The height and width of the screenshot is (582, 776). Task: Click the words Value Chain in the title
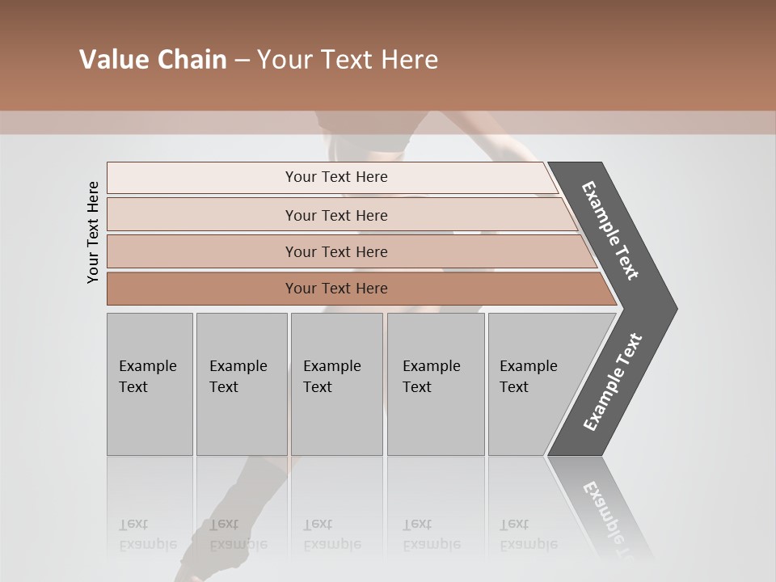pos(153,60)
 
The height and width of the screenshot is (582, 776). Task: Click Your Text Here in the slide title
pos(348,60)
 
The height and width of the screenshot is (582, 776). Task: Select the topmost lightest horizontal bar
pos(336,177)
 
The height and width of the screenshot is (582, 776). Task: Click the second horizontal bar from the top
pos(336,215)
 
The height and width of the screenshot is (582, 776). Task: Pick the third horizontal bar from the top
pos(336,251)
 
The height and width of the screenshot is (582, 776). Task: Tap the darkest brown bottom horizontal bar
pos(336,289)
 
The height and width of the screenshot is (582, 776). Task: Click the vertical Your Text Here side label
pos(93,232)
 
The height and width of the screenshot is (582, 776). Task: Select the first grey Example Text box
pos(150,384)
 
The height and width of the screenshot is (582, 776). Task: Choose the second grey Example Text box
pos(241,384)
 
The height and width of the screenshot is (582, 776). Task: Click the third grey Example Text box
pos(336,384)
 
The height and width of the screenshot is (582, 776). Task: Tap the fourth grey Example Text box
pos(435,384)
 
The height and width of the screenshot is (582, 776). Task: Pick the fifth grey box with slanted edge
pos(533,384)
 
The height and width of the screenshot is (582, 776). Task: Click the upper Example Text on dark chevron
pos(610,230)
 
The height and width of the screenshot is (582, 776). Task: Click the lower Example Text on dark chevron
pos(612,382)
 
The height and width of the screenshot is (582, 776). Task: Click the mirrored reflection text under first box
pos(147,534)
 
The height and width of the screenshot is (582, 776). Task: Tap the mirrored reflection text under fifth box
pos(528,534)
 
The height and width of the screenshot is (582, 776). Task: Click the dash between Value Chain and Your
pos(242,61)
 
